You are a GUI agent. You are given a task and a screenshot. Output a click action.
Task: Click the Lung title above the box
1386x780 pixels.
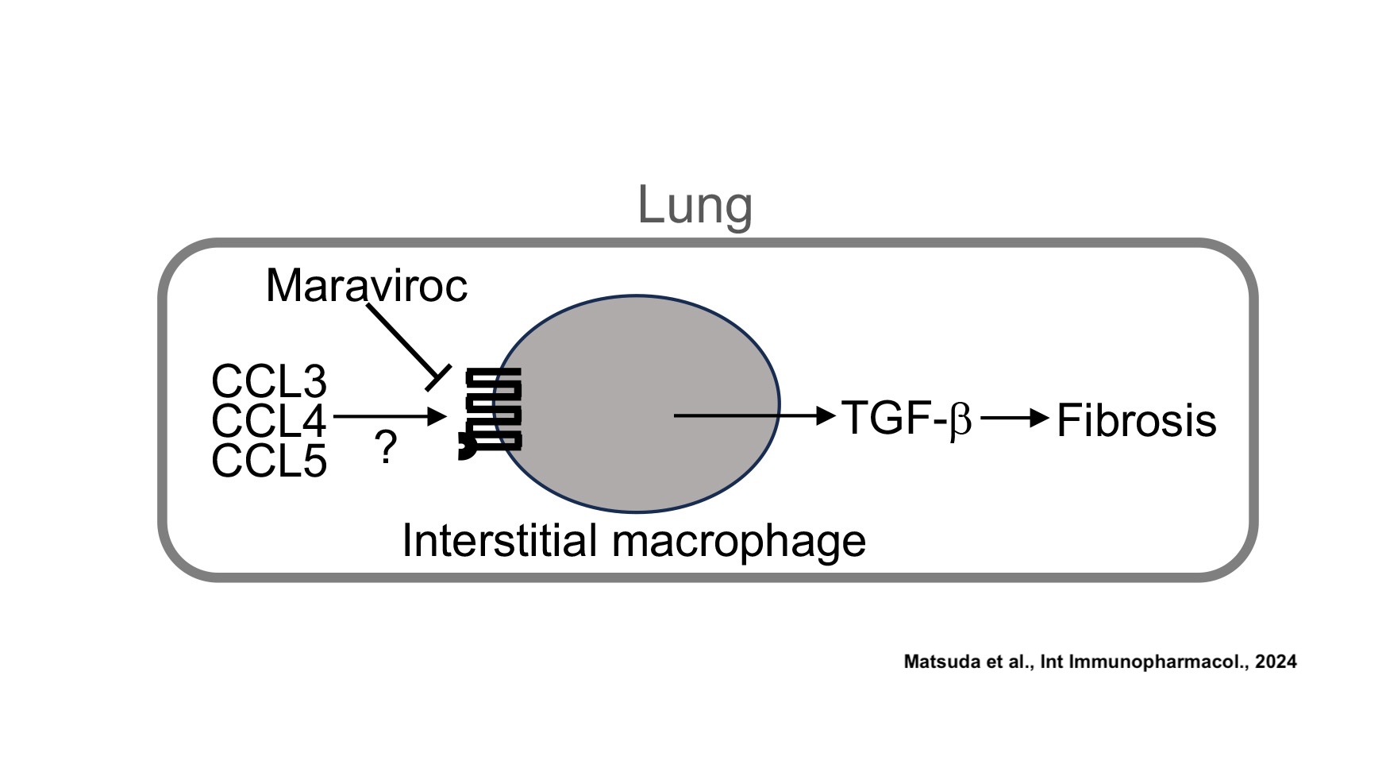(695, 205)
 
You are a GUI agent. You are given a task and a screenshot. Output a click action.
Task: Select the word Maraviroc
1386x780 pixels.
(366, 285)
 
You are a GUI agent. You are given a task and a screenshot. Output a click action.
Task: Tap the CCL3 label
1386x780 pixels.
(269, 381)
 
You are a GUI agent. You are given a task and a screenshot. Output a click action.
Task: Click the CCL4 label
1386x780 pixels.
(269, 420)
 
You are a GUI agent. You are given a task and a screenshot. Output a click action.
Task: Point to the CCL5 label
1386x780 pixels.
(269, 461)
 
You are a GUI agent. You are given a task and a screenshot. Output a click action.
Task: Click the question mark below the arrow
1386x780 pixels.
(386, 449)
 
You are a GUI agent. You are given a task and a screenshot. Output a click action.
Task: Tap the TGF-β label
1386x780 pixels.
(906, 418)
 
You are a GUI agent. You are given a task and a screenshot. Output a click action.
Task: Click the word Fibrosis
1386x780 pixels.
(1136, 420)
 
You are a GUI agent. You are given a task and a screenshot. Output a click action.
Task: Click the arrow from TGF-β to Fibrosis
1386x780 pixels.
(1014, 417)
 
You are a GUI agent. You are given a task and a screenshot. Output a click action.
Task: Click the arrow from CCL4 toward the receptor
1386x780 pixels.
(389, 415)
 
